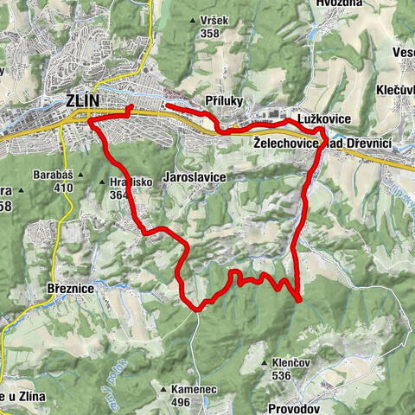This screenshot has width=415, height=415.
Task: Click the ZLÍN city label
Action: point(84,101)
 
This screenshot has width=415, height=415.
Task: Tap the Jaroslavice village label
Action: point(195,176)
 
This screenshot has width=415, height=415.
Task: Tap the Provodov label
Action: point(294,407)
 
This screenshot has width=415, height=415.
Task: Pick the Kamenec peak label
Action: point(192,390)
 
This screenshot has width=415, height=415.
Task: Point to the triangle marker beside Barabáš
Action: point(80,175)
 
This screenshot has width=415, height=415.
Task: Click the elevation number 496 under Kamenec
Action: point(181,402)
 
